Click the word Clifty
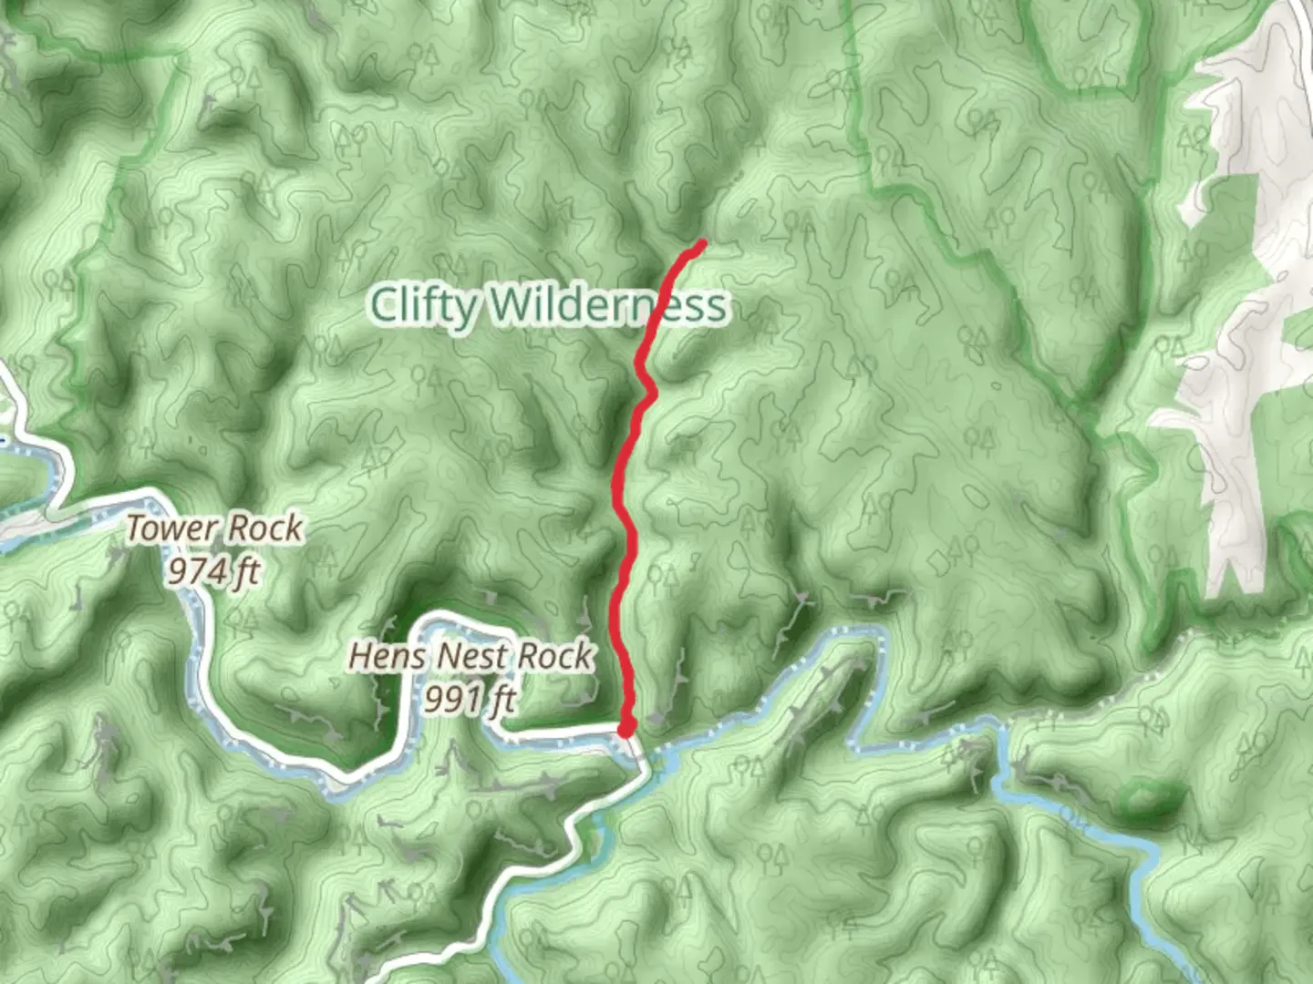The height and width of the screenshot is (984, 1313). tap(423, 306)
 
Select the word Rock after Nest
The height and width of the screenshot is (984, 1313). tap(556, 656)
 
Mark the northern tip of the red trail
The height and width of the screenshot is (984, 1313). tap(702, 243)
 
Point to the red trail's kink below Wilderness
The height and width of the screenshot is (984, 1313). tap(650, 390)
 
